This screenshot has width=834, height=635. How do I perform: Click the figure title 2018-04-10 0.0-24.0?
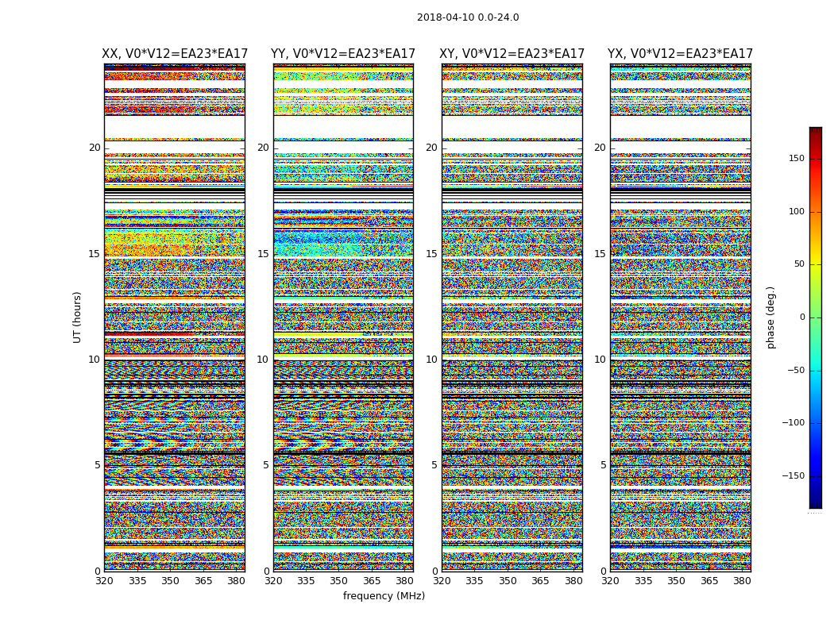point(468,17)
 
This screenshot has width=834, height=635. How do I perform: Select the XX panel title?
point(175,54)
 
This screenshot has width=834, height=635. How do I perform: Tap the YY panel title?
point(343,54)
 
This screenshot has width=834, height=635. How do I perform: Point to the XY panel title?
point(512,54)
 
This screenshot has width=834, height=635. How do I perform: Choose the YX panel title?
point(681,54)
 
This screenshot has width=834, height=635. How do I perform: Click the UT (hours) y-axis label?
point(78,317)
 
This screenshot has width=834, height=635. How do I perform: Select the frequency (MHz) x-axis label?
point(384,596)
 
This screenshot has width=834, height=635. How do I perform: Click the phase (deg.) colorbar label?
point(771,317)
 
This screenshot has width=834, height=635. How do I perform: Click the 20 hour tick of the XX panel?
point(95,148)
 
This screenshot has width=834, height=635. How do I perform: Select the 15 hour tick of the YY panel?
point(263,254)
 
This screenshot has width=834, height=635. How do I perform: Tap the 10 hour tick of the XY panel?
point(431,360)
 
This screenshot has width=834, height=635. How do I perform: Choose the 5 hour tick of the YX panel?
point(603,465)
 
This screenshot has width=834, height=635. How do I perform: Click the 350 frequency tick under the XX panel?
point(170,581)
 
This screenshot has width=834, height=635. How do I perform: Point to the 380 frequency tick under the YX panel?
point(742,581)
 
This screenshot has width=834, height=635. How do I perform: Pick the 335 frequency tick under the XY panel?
point(475,581)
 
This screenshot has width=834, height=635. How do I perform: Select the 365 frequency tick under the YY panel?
point(372,581)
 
